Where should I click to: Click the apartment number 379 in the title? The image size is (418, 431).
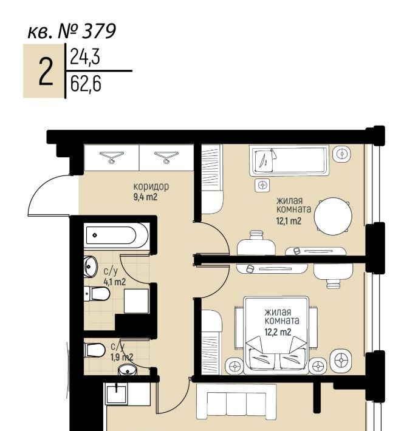pyautogui.click(x=99, y=32)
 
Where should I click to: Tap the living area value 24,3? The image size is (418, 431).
pyautogui.click(x=85, y=56)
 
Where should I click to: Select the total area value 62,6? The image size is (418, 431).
pyautogui.click(x=86, y=84)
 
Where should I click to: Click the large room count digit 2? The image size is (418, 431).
pyautogui.click(x=46, y=72)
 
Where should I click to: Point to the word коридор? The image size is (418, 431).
pyautogui.click(x=151, y=186)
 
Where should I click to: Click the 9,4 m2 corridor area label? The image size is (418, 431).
pyautogui.click(x=145, y=197)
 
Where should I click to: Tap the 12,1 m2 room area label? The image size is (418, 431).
pyautogui.click(x=289, y=221)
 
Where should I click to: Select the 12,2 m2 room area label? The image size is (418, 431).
pyautogui.click(x=278, y=332)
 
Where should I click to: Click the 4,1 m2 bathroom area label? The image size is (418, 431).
pyautogui.click(x=114, y=282)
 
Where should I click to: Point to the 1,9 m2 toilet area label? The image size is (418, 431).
pyautogui.click(x=122, y=357)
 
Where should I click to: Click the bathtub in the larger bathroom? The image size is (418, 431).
pyautogui.click(x=117, y=236)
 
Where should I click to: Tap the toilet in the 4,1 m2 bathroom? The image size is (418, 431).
pyautogui.click(x=97, y=294)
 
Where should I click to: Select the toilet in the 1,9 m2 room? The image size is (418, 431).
pyautogui.click(x=94, y=350)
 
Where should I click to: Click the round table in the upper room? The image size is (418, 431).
pyautogui.click(x=333, y=216)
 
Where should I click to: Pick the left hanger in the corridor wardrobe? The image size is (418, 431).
pyautogui.click(x=111, y=157)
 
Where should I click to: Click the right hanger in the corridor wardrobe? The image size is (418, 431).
pyautogui.click(x=166, y=157)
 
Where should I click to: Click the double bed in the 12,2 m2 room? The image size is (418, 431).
pyautogui.click(x=276, y=335)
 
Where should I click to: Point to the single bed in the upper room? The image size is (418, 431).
pyautogui.click(x=289, y=161)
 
